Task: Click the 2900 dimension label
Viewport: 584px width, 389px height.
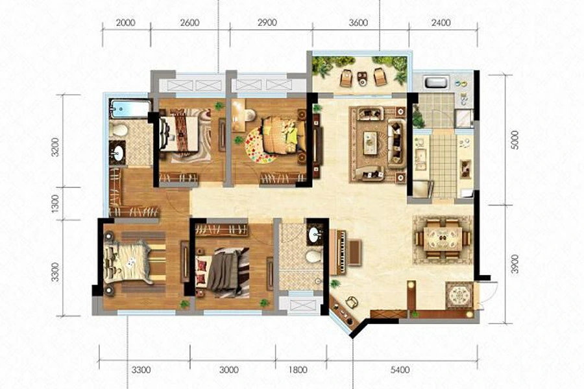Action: (267, 23)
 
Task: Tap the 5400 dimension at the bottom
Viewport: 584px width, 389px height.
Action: (400, 370)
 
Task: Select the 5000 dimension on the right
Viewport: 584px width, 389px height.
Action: (515, 140)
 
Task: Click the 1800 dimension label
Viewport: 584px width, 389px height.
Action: (298, 370)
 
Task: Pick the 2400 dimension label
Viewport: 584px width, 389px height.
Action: (441, 23)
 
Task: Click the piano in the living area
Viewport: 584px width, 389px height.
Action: (345, 248)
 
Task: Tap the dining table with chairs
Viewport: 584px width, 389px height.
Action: (443, 238)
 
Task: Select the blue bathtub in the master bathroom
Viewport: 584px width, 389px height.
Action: (129, 108)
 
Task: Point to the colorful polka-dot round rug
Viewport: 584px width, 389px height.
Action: (262, 145)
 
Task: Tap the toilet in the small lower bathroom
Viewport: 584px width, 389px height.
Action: (314, 256)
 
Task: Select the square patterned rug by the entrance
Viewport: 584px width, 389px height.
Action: (459, 296)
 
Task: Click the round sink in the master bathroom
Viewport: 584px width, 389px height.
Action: (117, 154)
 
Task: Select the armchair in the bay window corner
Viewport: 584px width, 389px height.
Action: (351, 302)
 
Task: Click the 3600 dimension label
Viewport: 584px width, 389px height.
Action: (358, 23)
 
